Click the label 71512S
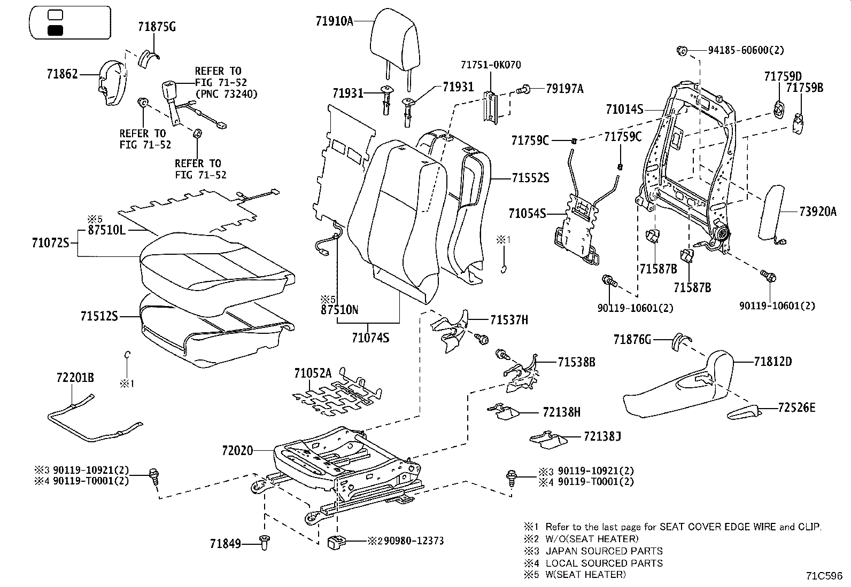click(x=99, y=316)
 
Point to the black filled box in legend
click(x=55, y=30)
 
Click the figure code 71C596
click(x=824, y=576)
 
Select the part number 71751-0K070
click(x=490, y=65)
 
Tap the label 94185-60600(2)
click(x=746, y=50)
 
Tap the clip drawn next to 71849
click(x=264, y=541)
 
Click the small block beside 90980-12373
click(x=334, y=542)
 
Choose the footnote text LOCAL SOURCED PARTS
click(x=604, y=563)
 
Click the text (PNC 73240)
click(x=226, y=94)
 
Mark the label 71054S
click(x=527, y=214)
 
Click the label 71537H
click(x=509, y=320)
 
